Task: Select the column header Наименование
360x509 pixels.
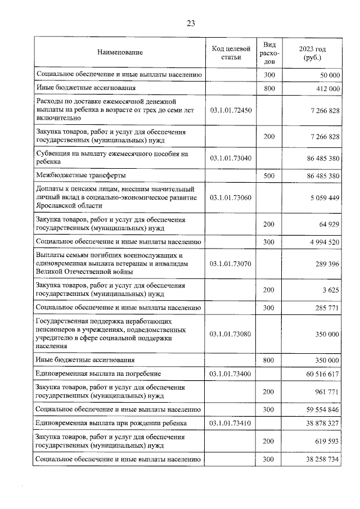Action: coord(120,52)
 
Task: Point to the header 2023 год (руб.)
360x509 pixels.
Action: coord(312,53)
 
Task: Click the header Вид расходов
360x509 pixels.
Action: coord(269,52)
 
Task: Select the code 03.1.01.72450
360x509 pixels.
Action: coord(231,111)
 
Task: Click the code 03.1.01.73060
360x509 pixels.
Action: coord(231,198)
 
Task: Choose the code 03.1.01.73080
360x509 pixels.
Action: coord(231,334)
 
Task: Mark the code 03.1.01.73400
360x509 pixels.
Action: coord(231,373)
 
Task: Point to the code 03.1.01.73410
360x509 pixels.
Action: coord(231,422)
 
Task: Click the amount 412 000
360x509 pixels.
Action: coord(326,89)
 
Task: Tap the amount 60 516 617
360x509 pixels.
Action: coord(321,373)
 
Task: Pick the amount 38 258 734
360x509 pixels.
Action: coord(321,460)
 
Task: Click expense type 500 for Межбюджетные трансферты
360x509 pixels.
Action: coord(269,176)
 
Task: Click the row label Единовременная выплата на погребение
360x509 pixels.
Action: coord(98,373)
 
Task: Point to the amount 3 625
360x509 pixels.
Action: coord(330,290)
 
